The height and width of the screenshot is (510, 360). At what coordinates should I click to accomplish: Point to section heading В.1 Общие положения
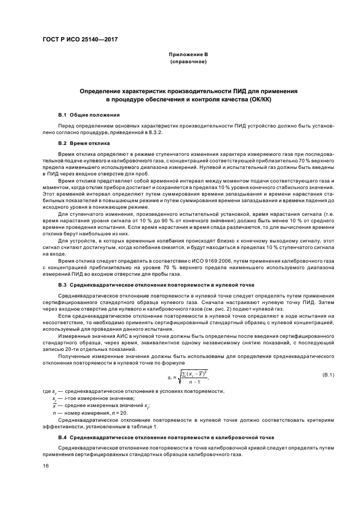(x=89, y=116)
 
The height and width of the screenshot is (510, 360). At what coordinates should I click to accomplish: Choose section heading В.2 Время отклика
(x=84, y=143)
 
